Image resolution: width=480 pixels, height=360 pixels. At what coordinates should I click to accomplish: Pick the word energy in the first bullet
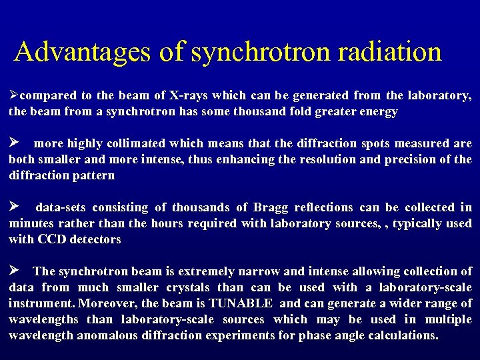coord(378,112)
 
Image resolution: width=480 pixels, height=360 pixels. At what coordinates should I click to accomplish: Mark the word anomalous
coord(106,336)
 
